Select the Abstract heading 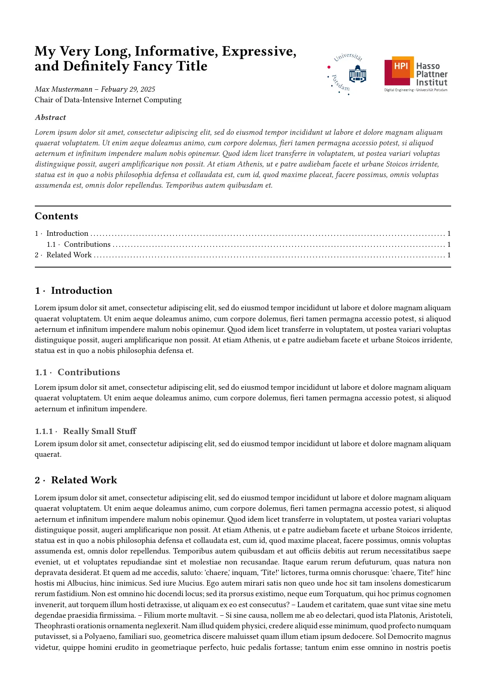(51, 118)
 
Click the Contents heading (56, 216)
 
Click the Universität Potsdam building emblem (357, 74)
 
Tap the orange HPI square (401, 66)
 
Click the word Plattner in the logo (432, 74)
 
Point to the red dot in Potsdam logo (329, 67)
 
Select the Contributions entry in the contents (87, 244)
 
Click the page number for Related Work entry (449, 255)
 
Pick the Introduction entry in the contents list (67, 233)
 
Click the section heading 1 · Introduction (74, 291)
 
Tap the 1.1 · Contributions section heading (78, 372)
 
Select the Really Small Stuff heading (99, 431)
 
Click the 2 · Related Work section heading (76, 480)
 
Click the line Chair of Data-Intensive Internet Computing (108, 100)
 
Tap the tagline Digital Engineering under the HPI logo (398, 90)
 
